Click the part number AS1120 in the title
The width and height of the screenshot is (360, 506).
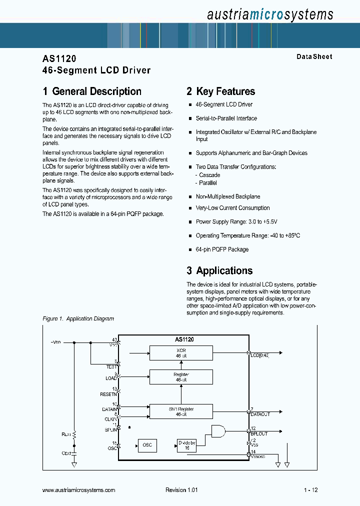pyautogui.click(x=59, y=58)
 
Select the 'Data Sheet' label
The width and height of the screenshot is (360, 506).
pyautogui.click(x=314, y=56)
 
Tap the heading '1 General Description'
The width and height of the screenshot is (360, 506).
pyautogui.click(x=92, y=91)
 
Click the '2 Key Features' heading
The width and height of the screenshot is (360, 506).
pyautogui.click(x=220, y=91)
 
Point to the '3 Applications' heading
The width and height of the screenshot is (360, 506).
pyautogui.click(x=219, y=270)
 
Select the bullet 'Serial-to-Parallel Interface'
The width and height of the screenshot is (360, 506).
pyautogui.click(x=226, y=118)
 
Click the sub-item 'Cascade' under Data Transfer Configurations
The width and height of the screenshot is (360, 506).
pyautogui.click(x=209, y=175)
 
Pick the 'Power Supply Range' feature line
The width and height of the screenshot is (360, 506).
pyautogui.click(x=236, y=221)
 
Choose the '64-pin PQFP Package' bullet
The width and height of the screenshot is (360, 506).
pyautogui.click(x=222, y=249)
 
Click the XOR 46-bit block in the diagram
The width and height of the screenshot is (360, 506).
pyautogui.click(x=181, y=352)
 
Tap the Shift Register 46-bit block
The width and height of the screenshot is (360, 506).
pyautogui.click(x=181, y=411)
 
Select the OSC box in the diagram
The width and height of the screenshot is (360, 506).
pyautogui.click(x=147, y=444)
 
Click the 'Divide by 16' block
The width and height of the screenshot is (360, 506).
pyautogui.click(x=187, y=444)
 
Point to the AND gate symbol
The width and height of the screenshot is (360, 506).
pyautogui.click(x=218, y=431)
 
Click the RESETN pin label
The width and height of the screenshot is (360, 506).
pyautogui.click(x=108, y=394)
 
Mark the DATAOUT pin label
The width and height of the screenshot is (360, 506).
pyautogui.click(x=260, y=414)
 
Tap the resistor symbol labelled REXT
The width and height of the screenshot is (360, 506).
pyautogui.click(x=74, y=434)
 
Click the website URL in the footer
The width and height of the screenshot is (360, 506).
pyautogui.click(x=79, y=490)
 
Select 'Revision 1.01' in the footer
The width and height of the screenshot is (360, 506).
pyautogui.click(x=181, y=490)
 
